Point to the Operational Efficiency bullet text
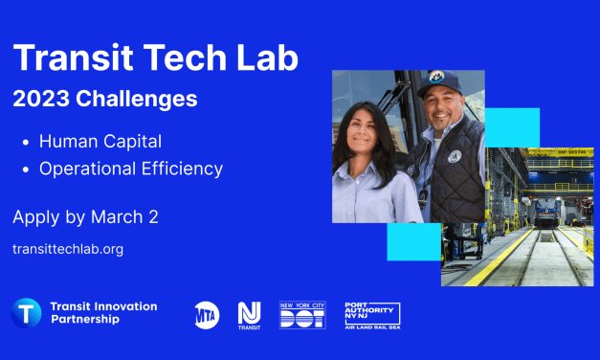coord(130,169)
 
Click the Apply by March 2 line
coord(85,216)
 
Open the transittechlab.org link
coord(68,248)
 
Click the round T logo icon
coord(26,313)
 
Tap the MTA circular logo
coord(207,314)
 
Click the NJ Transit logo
coord(250,315)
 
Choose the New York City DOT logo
coord(302,314)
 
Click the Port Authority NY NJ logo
coord(371,315)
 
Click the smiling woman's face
coord(367,126)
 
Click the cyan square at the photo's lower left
coord(413,241)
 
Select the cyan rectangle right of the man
coord(512,127)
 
